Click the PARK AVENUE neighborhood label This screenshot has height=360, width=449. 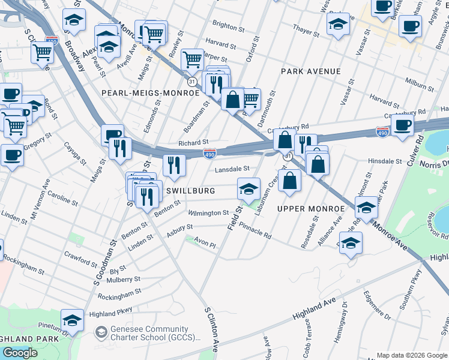pyautogui.click(x=310, y=71)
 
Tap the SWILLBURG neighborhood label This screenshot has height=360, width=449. pyautogui.click(x=190, y=191)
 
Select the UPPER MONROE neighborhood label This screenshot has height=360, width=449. pyautogui.click(x=310, y=209)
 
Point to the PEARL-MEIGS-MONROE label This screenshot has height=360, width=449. pyautogui.click(x=150, y=93)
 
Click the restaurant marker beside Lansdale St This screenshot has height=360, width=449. pyautogui.click(x=174, y=166)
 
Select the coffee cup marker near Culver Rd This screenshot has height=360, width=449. pyautogui.click(x=402, y=125)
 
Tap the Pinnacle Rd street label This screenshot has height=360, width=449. pyautogui.click(x=255, y=232)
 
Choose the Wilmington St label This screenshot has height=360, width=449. pyautogui.click(x=208, y=213)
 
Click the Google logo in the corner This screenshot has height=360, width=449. pyautogui.click(x=20, y=352)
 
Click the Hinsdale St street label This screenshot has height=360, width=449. pyautogui.click(x=384, y=161)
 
